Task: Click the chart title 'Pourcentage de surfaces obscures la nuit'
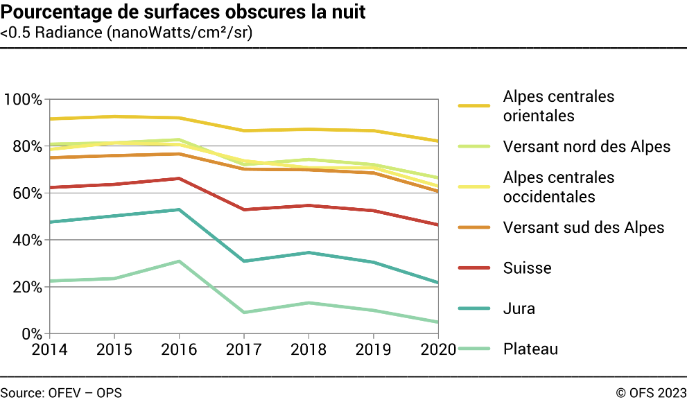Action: click(183, 12)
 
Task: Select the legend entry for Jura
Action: click(519, 308)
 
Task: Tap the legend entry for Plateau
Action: click(530, 349)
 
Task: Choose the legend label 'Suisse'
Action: click(527, 268)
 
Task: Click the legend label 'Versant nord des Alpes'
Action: click(586, 146)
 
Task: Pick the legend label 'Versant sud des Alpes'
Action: click(584, 227)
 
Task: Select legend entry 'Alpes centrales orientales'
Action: click(559, 106)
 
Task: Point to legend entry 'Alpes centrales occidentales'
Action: click(559, 187)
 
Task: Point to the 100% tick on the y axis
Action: click(23, 99)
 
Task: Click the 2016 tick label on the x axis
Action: click(179, 349)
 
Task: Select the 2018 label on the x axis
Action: click(308, 349)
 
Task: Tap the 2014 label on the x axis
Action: click(50, 349)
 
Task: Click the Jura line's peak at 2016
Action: click(179, 209)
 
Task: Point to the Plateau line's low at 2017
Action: click(243, 313)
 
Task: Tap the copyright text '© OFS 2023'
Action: click(650, 392)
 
